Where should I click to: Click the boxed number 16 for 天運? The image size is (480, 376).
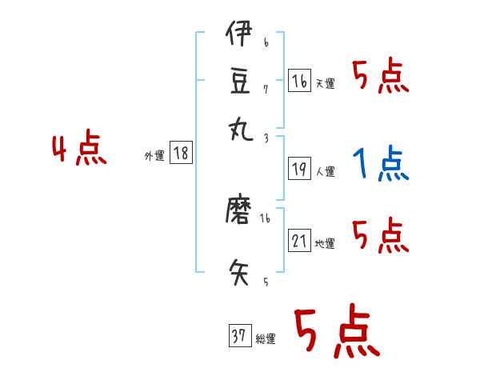click(299, 81)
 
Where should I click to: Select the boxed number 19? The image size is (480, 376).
click(299, 169)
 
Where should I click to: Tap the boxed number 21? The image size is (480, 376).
click(299, 241)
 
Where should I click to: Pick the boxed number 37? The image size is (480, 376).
click(239, 337)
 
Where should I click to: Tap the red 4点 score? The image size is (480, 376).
click(78, 150)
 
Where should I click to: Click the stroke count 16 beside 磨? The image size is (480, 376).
click(265, 218)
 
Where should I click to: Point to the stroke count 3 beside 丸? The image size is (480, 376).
click(266, 138)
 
